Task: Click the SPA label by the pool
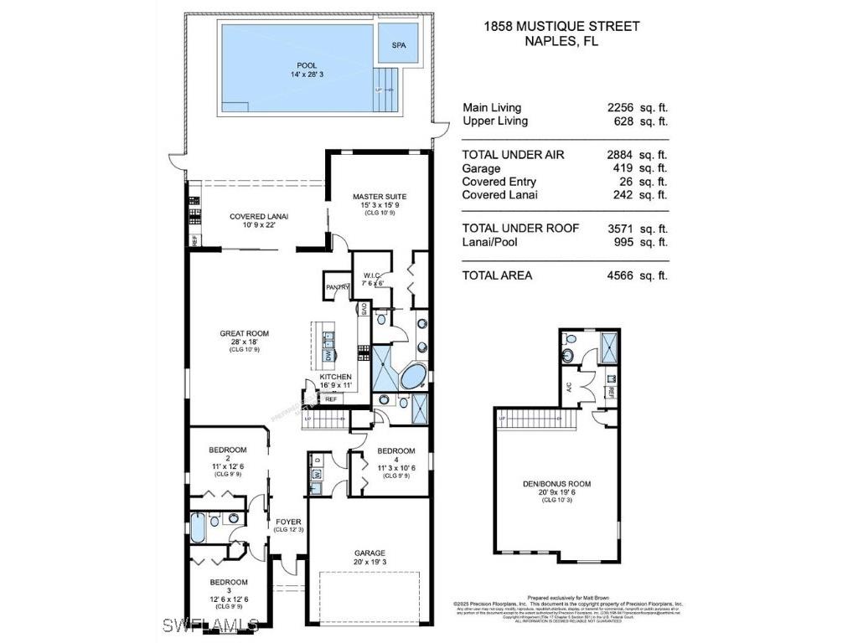[x=399, y=46]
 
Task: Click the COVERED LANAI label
[x=259, y=217]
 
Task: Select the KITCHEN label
[x=335, y=378]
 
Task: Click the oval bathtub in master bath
[x=413, y=377]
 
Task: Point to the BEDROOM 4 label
[x=395, y=450]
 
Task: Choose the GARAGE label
[x=370, y=553]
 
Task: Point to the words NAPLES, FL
[x=561, y=41]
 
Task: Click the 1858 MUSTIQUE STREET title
[x=561, y=26]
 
